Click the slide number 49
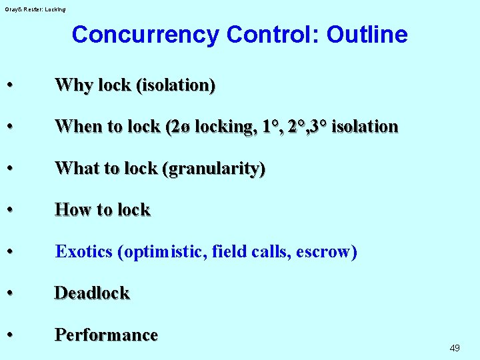(455, 348)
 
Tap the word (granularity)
(213, 169)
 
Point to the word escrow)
(327, 252)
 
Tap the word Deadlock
(92, 293)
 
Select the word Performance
(106, 335)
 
